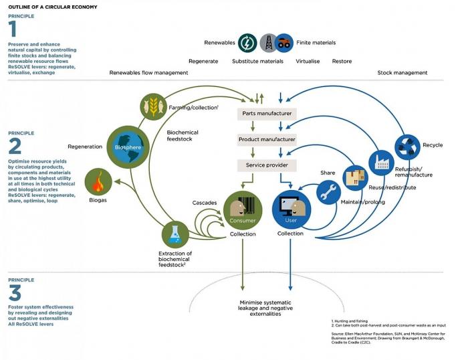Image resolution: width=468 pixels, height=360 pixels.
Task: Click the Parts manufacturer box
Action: pos(265,114)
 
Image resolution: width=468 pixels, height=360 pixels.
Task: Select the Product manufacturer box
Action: pos(266,140)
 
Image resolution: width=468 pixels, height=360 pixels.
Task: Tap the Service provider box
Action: pos(266,165)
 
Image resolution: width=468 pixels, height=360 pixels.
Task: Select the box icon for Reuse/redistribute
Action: pos(355,178)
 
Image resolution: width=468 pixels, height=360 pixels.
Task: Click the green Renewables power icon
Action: pos(247,43)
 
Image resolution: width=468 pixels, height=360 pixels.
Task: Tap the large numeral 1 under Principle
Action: pos(12,28)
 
